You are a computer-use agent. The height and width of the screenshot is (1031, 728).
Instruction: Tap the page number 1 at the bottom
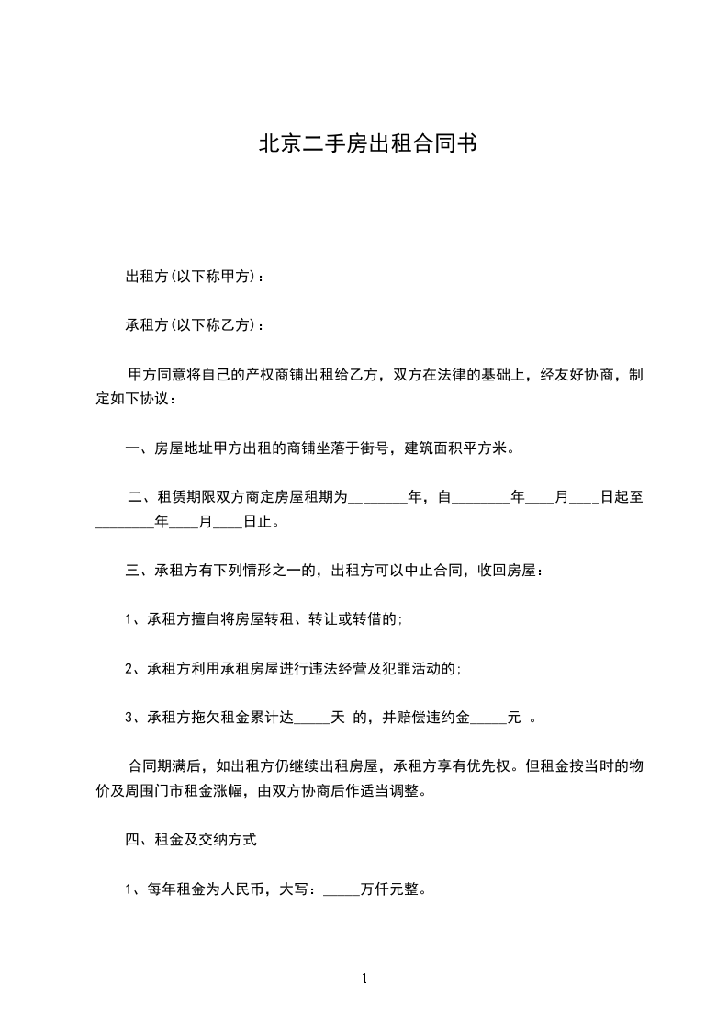coord(364,979)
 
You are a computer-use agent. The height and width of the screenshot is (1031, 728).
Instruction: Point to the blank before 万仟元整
coord(342,890)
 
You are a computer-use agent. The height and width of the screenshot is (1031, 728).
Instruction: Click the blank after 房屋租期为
coord(378,498)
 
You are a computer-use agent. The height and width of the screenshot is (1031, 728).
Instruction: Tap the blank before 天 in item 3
coord(310,719)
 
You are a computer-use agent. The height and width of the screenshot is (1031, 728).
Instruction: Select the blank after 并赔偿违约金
coord(488,719)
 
